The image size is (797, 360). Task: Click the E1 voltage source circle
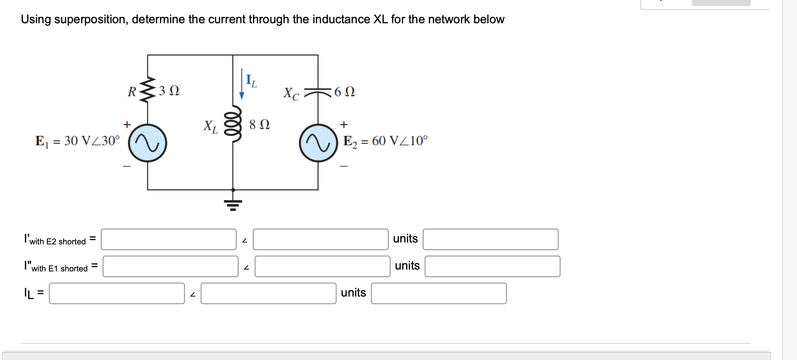click(147, 143)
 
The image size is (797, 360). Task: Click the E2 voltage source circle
click(318, 143)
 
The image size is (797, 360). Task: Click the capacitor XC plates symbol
click(318, 91)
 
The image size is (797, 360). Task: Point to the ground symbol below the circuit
click(233, 204)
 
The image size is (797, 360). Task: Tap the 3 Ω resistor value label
click(169, 91)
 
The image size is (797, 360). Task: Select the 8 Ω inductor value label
click(259, 124)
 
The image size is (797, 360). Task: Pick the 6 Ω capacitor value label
click(345, 92)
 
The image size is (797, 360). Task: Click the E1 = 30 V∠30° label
click(77, 141)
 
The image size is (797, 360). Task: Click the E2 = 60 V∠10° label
click(385, 141)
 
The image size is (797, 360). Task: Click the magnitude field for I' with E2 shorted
click(168, 239)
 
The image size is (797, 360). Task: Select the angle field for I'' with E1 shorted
click(322, 266)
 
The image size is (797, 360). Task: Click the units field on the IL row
click(439, 293)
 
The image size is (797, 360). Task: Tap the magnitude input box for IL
click(117, 293)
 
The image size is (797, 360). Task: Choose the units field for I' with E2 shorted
click(490, 239)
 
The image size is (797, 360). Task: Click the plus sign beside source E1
click(127, 124)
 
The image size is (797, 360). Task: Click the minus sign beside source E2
click(344, 166)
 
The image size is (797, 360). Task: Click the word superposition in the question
click(91, 19)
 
